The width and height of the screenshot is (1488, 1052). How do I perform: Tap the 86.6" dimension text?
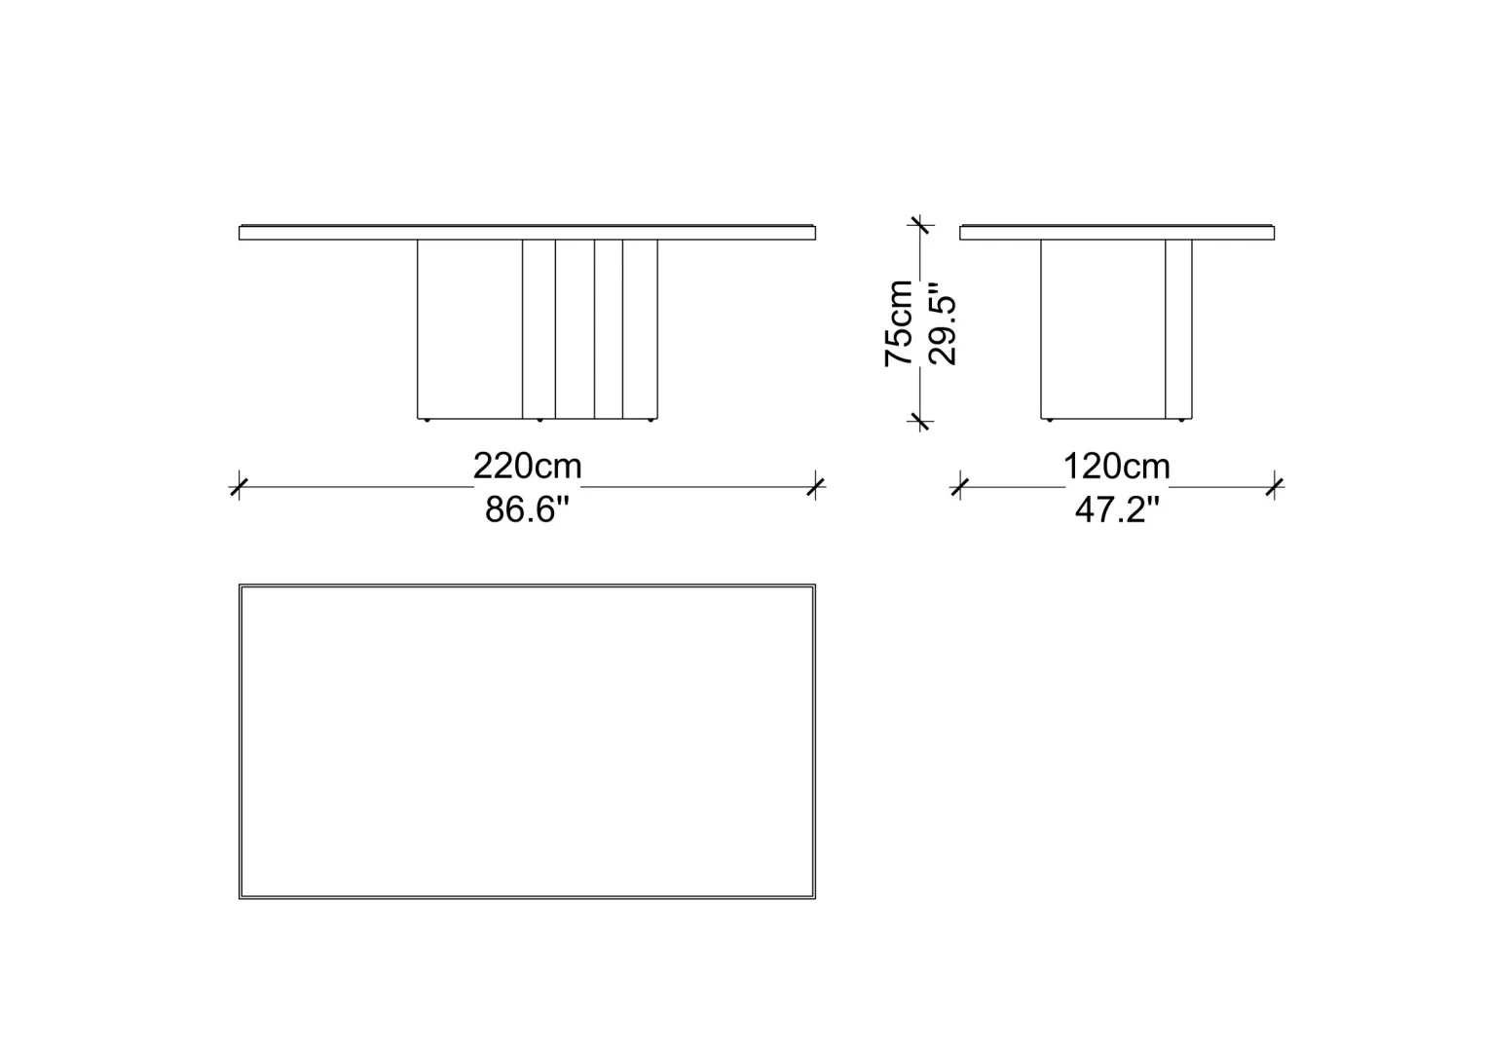pyautogui.click(x=528, y=509)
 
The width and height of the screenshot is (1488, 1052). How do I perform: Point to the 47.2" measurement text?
pyautogui.click(x=1117, y=509)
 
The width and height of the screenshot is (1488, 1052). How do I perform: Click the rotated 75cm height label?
pyautogui.click(x=898, y=323)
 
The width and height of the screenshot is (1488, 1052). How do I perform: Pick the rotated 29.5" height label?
pyautogui.click(x=942, y=324)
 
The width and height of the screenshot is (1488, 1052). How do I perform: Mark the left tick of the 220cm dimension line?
pyautogui.click(x=240, y=487)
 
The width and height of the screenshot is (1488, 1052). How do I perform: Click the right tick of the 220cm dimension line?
pyautogui.click(x=816, y=487)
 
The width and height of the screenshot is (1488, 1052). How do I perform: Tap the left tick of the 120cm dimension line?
pyautogui.click(x=960, y=487)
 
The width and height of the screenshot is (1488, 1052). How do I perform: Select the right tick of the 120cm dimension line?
pyautogui.click(x=1274, y=487)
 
